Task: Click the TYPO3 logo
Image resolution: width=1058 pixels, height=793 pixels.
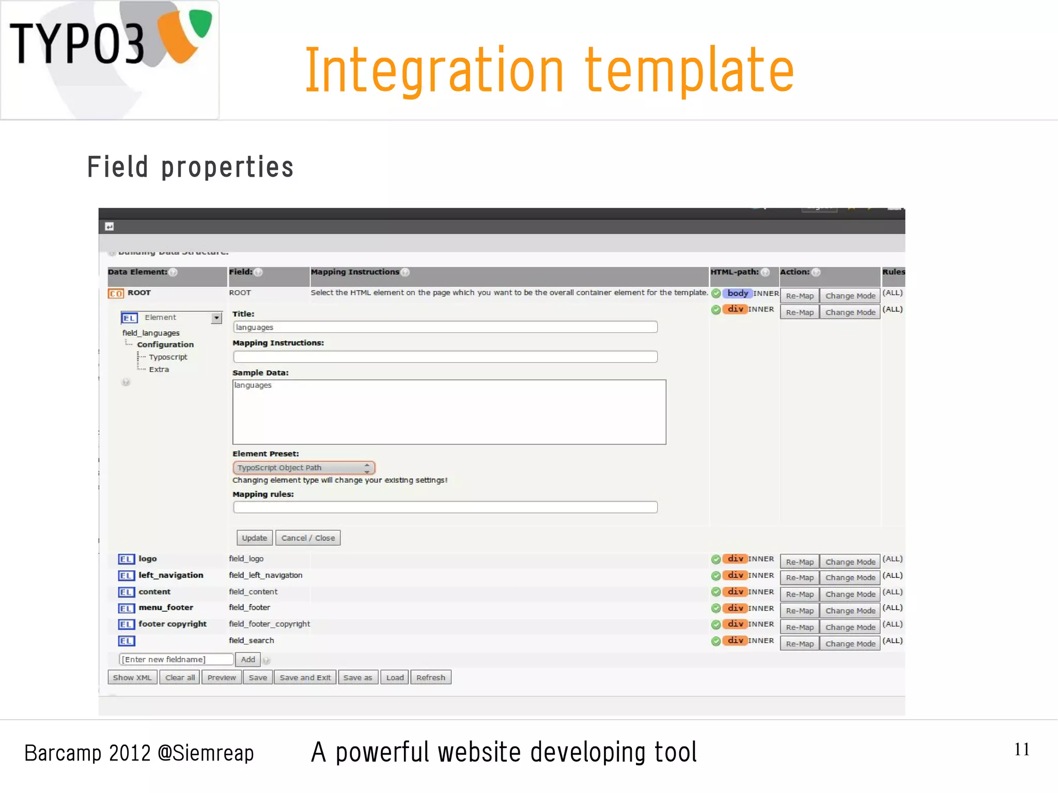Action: coord(110,59)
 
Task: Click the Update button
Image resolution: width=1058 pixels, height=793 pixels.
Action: coord(254,538)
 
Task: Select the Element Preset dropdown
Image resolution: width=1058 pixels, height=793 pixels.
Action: coord(304,468)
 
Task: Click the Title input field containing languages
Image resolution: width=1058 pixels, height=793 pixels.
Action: coord(445,327)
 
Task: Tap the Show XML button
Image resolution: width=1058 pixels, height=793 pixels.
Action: coord(132,677)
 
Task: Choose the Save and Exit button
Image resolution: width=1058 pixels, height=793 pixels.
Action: coord(305,677)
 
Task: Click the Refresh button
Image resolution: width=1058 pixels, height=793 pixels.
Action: coord(430,677)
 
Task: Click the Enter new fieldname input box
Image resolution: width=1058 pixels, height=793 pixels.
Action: coord(176,659)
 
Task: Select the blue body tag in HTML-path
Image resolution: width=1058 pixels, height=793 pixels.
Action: coord(737,293)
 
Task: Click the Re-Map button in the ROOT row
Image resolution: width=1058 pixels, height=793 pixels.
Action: coord(799,296)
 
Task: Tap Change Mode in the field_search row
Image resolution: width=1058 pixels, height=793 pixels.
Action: coord(850,644)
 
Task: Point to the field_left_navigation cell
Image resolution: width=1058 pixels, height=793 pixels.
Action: coord(266,575)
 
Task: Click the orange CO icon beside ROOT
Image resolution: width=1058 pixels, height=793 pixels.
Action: coord(116,293)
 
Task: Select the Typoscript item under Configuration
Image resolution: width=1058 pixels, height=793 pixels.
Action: coord(168,357)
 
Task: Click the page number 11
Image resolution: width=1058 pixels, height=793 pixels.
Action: coord(1021,749)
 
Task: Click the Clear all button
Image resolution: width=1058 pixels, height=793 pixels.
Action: coord(180,677)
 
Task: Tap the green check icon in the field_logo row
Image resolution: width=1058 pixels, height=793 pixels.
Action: coord(715,559)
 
